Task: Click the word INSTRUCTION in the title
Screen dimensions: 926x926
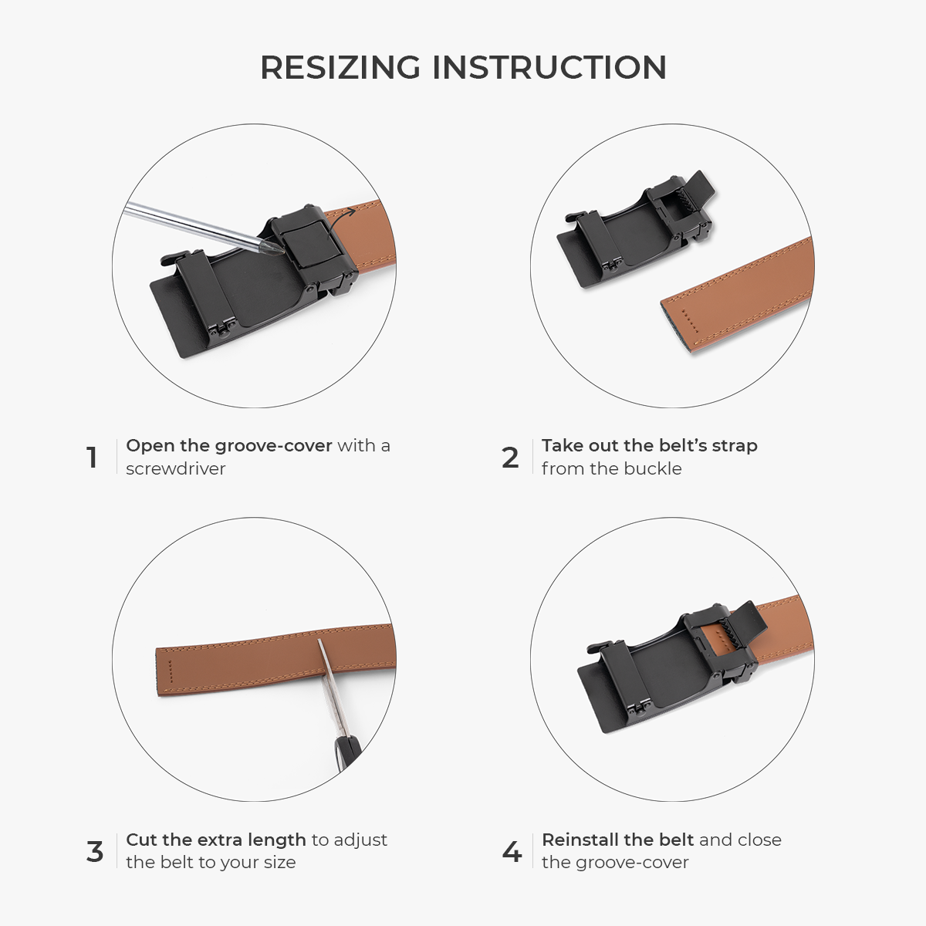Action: (x=549, y=67)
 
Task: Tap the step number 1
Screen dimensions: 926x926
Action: (x=92, y=458)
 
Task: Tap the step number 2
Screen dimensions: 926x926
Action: (x=510, y=458)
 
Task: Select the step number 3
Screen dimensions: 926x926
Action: (x=95, y=852)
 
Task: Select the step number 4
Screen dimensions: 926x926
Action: (x=512, y=852)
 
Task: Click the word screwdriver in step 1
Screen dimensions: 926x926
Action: (x=175, y=468)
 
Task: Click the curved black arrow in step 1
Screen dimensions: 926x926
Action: (x=341, y=220)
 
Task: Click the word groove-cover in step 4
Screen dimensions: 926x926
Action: (x=632, y=863)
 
